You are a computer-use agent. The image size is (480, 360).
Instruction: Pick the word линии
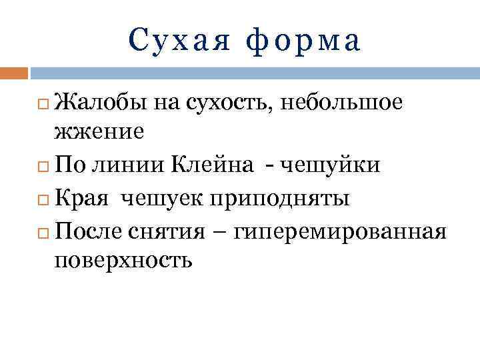(x=131, y=165)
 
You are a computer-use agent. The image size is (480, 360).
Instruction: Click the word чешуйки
(x=329, y=165)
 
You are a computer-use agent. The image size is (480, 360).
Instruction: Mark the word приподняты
(x=279, y=199)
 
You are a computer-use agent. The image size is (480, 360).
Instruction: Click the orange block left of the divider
(x=14, y=72)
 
